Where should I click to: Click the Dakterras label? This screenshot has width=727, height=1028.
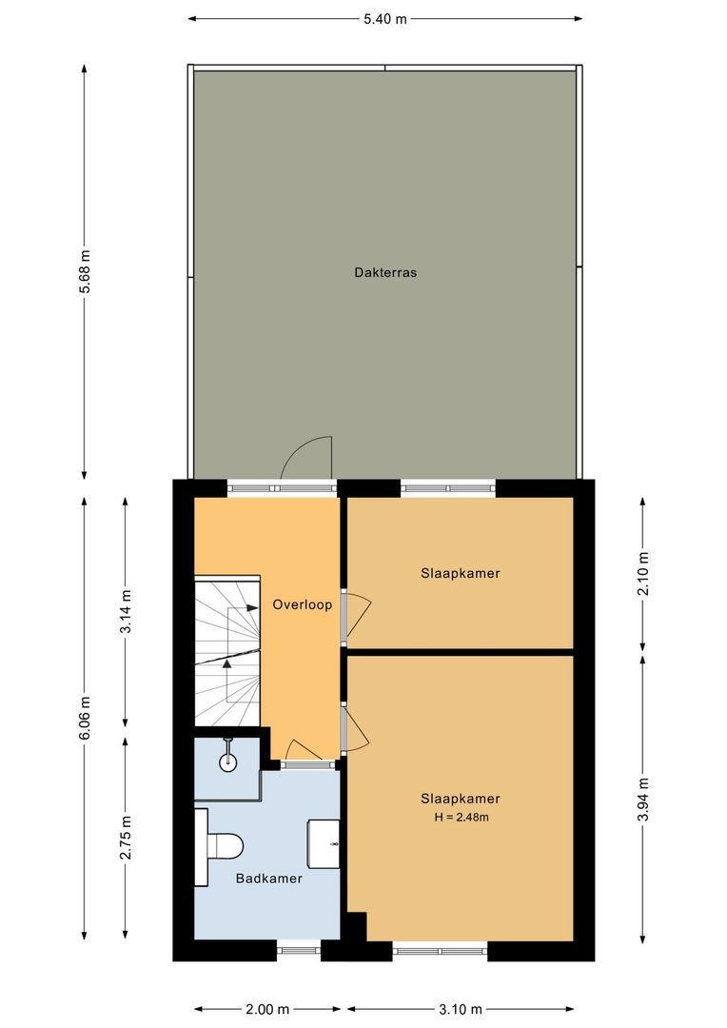[x=385, y=272]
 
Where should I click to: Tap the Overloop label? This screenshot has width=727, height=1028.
[x=302, y=604]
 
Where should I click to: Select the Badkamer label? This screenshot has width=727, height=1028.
[x=269, y=879]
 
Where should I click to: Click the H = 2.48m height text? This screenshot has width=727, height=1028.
[x=461, y=817]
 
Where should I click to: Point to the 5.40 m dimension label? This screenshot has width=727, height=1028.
[x=384, y=18]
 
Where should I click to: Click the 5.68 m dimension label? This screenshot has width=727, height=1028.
[x=85, y=272]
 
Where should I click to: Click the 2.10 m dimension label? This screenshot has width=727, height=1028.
[x=643, y=574]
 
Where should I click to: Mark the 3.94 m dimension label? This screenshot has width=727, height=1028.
[x=643, y=798]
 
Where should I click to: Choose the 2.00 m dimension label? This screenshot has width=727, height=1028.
[x=267, y=1009]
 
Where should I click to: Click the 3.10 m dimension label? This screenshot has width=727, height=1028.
[x=461, y=1009]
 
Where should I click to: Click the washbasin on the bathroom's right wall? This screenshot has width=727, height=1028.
[x=324, y=843]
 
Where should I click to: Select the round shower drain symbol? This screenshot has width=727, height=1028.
[x=227, y=761]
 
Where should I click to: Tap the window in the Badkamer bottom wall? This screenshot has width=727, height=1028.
[x=299, y=948]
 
